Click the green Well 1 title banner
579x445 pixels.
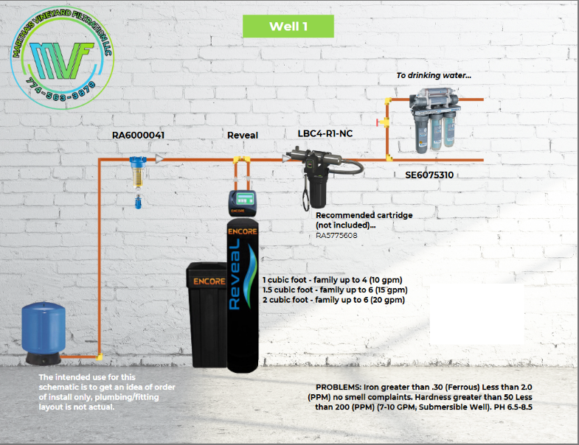coord(288,27)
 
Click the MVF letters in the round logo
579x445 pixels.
coord(61,60)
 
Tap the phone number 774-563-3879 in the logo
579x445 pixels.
coord(61,91)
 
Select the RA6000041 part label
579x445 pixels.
coord(138,136)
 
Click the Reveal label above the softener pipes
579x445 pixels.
coord(243,136)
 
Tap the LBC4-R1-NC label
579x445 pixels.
coord(325,133)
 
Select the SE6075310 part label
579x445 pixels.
coord(429,175)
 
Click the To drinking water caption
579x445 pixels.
coord(434,76)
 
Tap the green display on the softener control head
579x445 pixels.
coord(246,198)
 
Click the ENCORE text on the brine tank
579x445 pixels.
coord(209,281)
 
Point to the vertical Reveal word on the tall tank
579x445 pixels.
coord(235,274)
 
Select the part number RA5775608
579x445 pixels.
coord(336,236)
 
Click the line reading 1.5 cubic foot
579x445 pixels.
coord(336,290)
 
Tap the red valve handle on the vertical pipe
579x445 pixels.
coord(378,122)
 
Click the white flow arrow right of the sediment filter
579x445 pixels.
coord(159,159)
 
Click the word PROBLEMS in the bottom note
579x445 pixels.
coord(338,387)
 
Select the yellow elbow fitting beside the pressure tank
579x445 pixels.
coord(99,357)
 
